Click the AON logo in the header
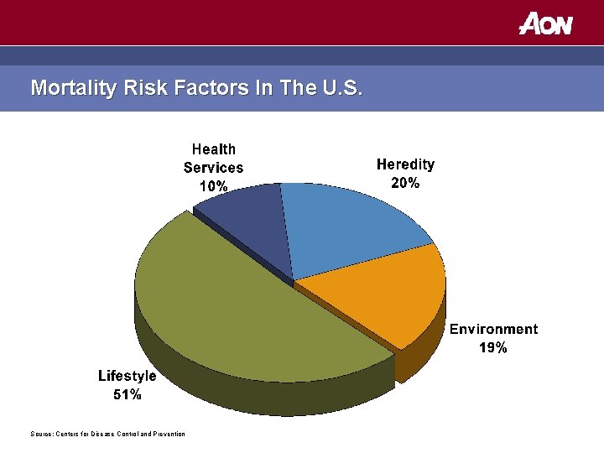pyautogui.click(x=546, y=23)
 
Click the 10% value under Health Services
pyautogui.click(x=213, y=186)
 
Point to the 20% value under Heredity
pyautogui.click(x=405, y=183)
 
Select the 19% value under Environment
pyautogui.click(x=493, y=347)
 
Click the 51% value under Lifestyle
pyautogui.click(x=127, y=395)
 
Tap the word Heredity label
pyautogui.click(x=405, y=164)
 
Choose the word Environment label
pyautogui.click(x=493, y=329)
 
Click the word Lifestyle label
pyautogui.click(x=127, y=377)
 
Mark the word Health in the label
pyautogui.click(x=213, y=149)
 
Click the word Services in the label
pyautogui.click(x=213, y=168)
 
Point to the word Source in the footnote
pyautogui.click(x=40, y=434)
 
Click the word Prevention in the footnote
pyautogui.click(x=166, y=434)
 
